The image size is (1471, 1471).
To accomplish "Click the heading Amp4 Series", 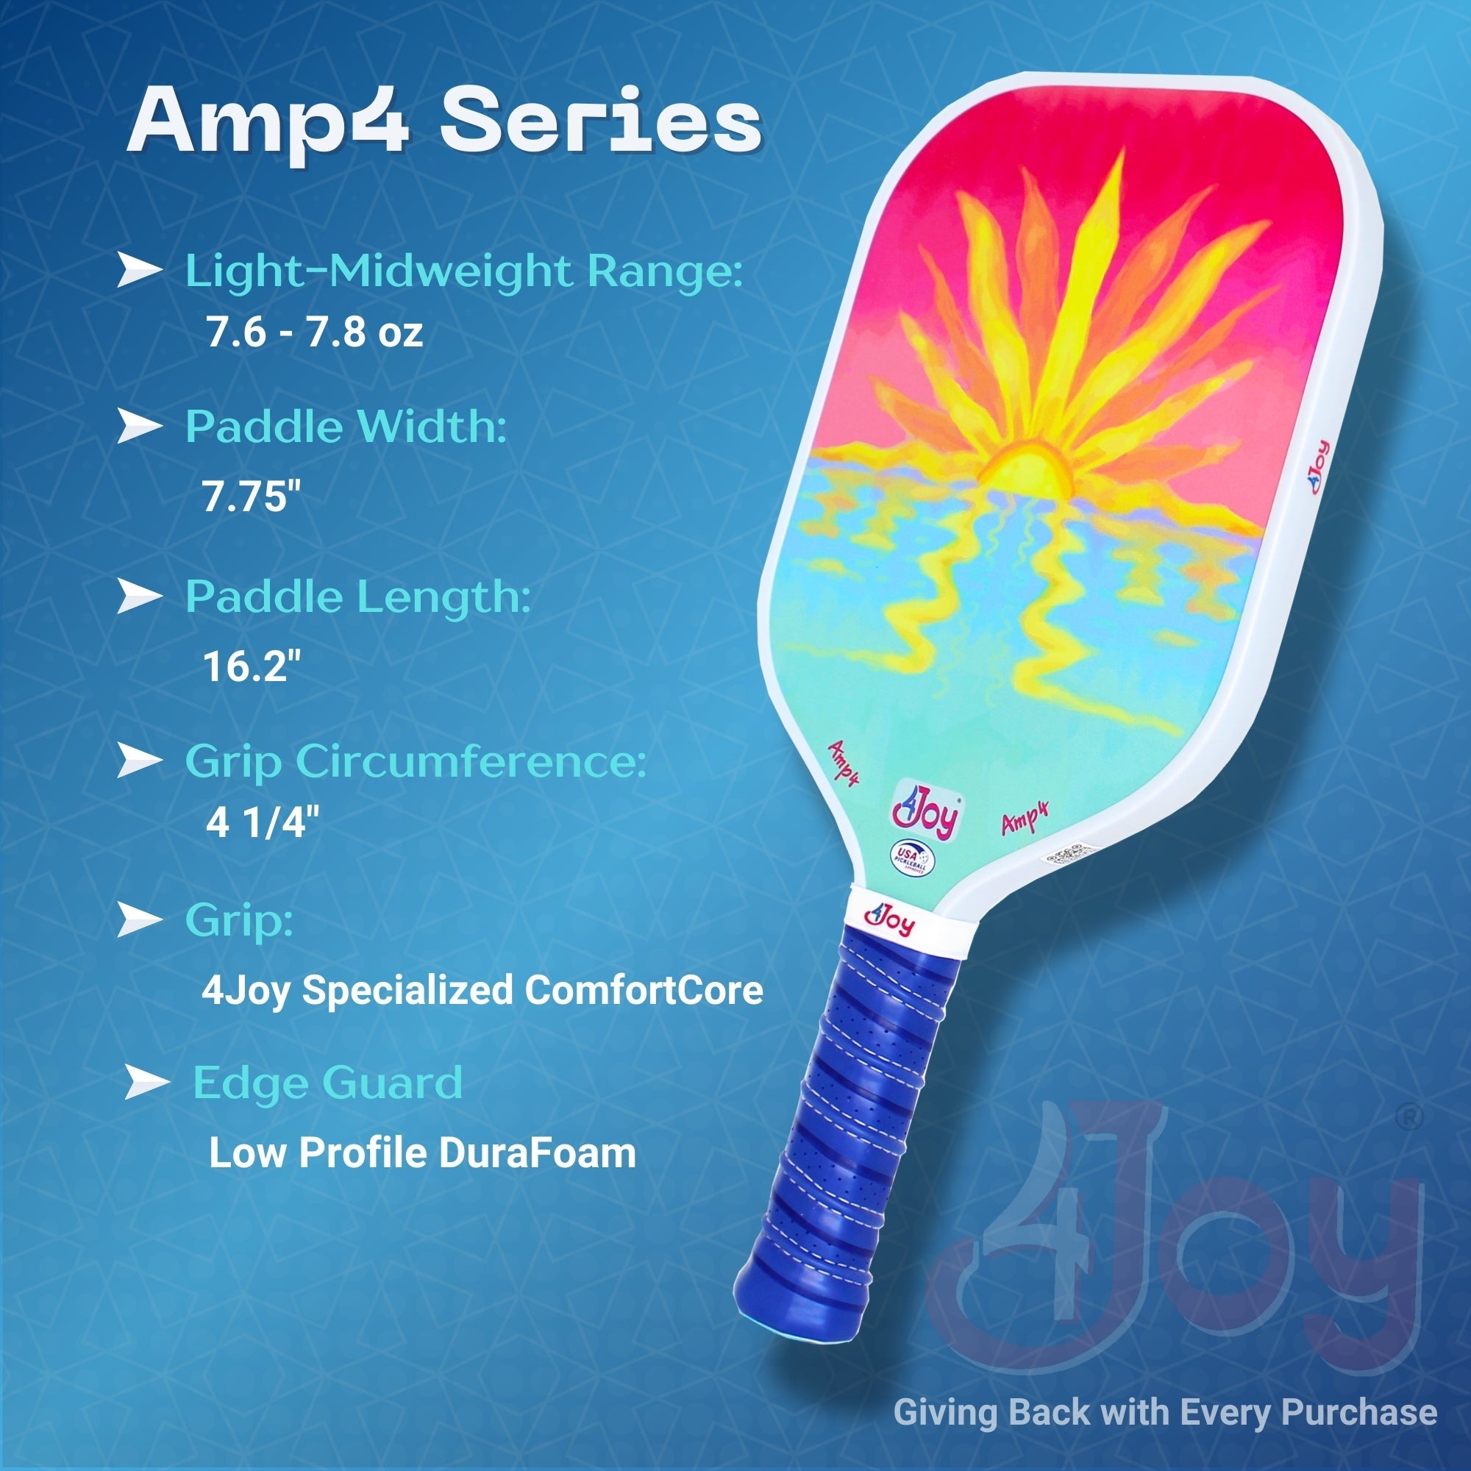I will coord(444,122).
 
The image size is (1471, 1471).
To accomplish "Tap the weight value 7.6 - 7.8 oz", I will coord(314,332).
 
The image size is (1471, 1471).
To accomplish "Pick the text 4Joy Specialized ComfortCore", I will coord(482,990).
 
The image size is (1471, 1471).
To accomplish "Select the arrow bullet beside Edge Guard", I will coord(146,1082).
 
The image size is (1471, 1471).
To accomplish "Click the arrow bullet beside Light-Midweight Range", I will coord(139,271).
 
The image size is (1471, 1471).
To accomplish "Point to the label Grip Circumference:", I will coord(416,761).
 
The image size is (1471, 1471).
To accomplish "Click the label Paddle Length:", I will coord(358,597).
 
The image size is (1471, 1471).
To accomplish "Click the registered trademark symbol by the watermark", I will coord(1411,1118).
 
